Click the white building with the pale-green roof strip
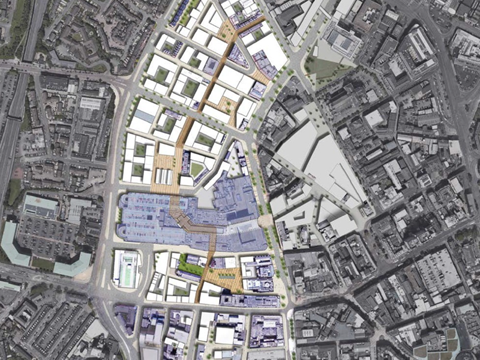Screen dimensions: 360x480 pos(127,268)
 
